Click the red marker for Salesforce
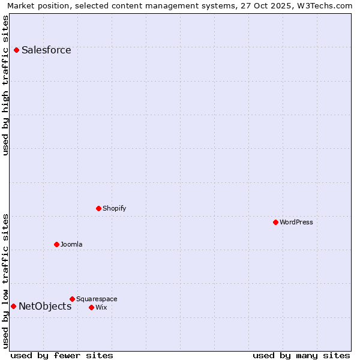click(x=16, y=50)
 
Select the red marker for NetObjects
click(x=13, y=306)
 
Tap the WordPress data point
click(x=275, y=222)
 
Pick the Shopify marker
click(x=98, y=208)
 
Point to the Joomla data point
click(x=56, y=244)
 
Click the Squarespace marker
click(x=72, y=299)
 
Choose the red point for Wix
click(x=91, y=307)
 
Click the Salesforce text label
click(x=46, y=50)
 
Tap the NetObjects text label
click(x=45, y=306)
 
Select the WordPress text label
click(x=296, y=222)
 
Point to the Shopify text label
click(x=115, y=208)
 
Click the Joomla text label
click(x=71, y=244)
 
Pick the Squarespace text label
click(x=97, y=299)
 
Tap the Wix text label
click(x=101, y=307)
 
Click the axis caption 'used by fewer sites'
click(x=62, y=355)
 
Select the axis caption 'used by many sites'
click(x=301, y=355)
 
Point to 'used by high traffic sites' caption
click(x=5, y=85)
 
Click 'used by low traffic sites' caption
click(x=5, y=280)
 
